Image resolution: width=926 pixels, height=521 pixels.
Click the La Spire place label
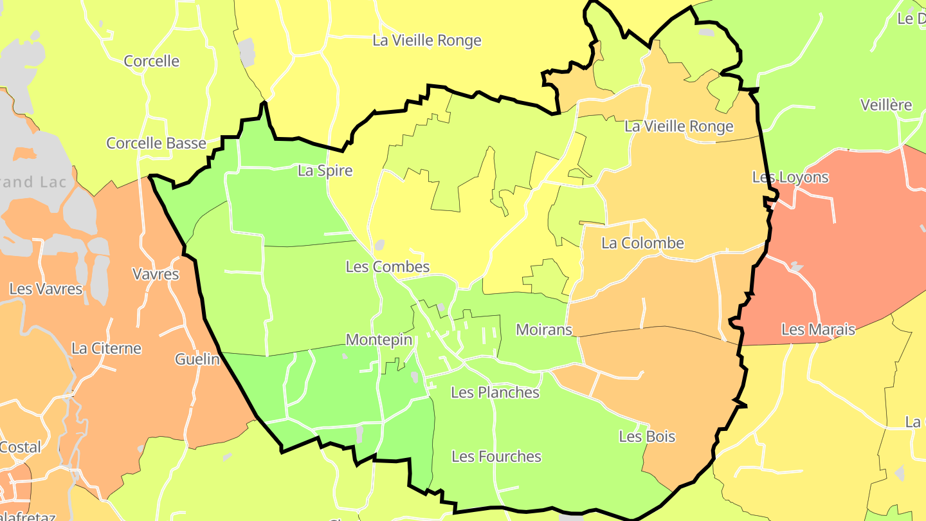point(325,170)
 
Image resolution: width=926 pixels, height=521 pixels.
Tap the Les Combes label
point(387,266)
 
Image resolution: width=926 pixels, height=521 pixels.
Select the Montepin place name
point(379,340)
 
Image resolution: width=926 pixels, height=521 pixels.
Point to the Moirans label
point(544,330)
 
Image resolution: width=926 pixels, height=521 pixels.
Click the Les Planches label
point(495,392)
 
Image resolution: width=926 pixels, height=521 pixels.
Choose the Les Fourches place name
point(496,457)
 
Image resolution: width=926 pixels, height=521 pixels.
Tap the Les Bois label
point(647,437)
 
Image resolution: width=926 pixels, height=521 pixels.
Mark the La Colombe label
point(642,243)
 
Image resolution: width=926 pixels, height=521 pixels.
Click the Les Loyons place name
point(790,177)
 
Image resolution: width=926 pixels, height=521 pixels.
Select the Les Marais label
point(818,330)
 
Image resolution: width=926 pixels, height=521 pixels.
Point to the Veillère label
point(886,105)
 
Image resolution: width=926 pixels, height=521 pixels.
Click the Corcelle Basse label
point(156,143)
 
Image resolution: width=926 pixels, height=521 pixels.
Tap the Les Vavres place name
point(46,289)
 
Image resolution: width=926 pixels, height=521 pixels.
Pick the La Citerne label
point(106,349)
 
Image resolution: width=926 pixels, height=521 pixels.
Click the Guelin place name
point(197,359)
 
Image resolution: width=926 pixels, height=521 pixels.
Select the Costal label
point(20,447)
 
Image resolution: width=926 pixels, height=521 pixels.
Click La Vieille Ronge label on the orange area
point(679,126)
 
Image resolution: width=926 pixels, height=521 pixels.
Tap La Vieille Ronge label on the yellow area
point(427,41)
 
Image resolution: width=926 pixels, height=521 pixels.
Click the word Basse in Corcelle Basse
point(183,143)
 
